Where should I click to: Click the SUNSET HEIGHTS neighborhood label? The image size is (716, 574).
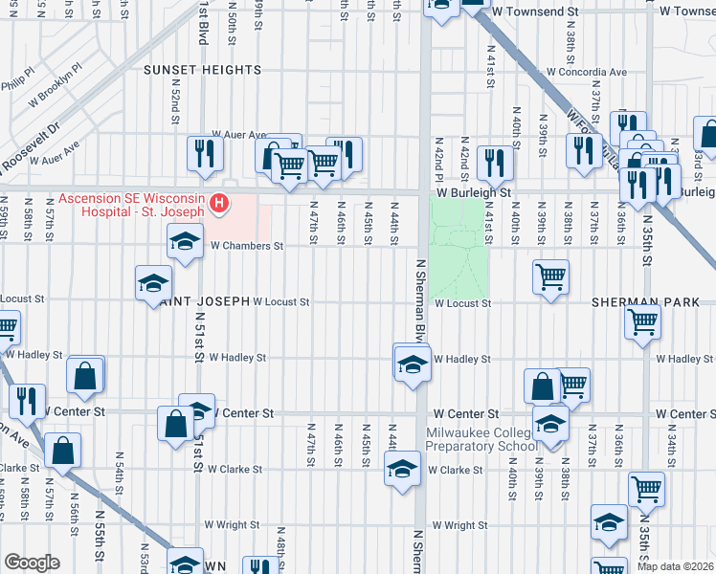coord(202,71)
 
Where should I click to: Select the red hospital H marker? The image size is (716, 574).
coord(220,203)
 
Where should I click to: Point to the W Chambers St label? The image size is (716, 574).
coord(247,246)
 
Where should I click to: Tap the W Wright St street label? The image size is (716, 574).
coord(459,525)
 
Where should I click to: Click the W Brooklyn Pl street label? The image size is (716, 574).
coord(56,86)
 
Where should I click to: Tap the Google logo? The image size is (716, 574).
coord(32,563)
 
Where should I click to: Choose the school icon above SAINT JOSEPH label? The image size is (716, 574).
coord(152,282)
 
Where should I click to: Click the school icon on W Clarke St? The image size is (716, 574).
coord(402,468)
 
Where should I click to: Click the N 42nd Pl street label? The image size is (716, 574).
coord(438,158)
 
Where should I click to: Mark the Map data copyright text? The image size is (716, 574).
coord(673,565)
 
